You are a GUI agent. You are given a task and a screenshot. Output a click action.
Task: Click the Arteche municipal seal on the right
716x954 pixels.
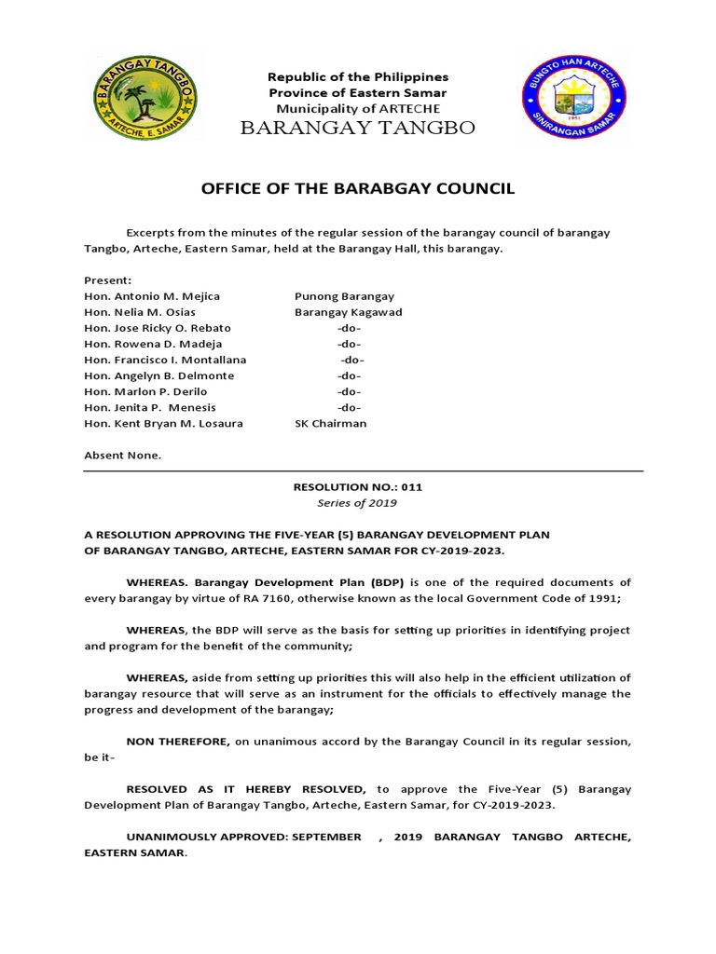tap(572, 98)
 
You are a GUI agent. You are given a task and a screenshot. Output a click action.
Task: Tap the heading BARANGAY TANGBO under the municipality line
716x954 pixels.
tap(358, 128)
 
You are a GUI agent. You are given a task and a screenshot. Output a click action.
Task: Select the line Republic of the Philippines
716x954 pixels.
tap(358, 76)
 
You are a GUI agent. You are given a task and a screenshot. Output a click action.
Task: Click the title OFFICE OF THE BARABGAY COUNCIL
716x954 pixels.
tap(358, 189)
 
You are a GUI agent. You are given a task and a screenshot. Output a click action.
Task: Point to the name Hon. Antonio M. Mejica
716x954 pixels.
tap(152, 296)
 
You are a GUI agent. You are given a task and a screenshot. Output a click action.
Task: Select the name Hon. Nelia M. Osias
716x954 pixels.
tap(140, 312)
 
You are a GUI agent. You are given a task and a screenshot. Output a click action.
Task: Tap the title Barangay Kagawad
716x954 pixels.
tap(348, 312)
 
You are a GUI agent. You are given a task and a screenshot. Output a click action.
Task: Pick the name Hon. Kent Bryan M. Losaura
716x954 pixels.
tap(163, 423)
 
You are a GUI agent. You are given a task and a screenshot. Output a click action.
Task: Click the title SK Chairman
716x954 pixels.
tap(330, 423)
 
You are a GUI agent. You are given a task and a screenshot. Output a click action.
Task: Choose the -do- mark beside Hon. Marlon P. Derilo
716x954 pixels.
tap(349, 391)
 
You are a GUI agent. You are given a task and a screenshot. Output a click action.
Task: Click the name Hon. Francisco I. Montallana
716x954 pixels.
tap(165, 360)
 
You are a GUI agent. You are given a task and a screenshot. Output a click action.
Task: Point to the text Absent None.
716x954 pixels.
tap(122, 456)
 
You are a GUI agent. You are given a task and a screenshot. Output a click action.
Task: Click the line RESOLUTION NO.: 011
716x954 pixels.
tap(358, 486)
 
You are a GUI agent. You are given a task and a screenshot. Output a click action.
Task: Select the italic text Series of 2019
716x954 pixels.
tap(358, 503)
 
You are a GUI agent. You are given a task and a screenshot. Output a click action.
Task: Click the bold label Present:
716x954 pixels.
tap(108, 280)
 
